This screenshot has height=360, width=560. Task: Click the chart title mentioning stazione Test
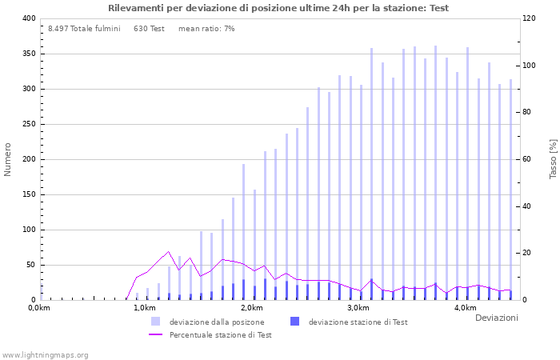[x=278, y=8]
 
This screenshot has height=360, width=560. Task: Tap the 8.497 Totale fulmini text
[x=84, y=29]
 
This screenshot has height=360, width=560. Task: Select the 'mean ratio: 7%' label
[x=206, y=29]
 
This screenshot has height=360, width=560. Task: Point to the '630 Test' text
[x=149, y=29]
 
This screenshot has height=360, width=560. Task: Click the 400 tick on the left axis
[x=28, y=18]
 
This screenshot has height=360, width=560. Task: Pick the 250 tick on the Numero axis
[x=28, y=124]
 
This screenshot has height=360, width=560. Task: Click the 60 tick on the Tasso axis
[x=528, y=159]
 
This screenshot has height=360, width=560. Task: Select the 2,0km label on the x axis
[x=251, y=308]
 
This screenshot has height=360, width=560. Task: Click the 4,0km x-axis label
[x=464, y=308]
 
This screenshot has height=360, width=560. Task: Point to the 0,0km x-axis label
[x=39, y=308]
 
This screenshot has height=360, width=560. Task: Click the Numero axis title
[x=9, y=159]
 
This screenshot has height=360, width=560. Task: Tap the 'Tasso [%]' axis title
[x=552, y=159]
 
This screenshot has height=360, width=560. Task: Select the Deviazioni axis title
[x=496, y=318]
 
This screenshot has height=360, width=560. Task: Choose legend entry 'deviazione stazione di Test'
[x=358, y=322]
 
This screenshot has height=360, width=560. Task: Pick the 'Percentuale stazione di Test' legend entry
[x=220, y=335]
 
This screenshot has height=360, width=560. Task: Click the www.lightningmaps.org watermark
[x=45, y=354]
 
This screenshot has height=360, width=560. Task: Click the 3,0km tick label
[x=358, y=308]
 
